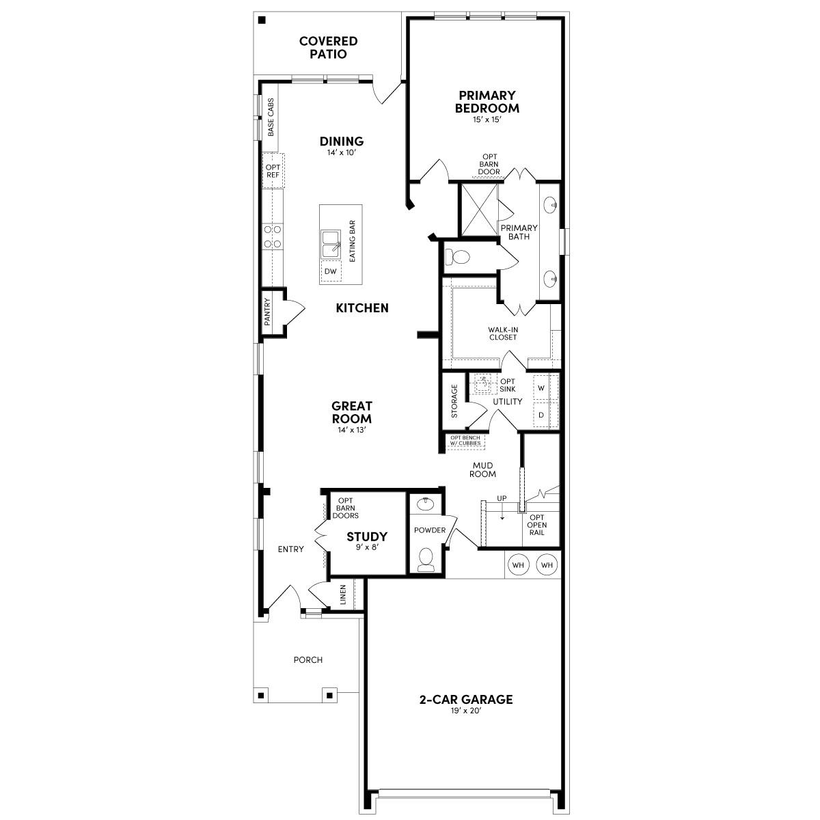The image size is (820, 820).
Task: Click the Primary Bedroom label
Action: pyautogui.click(x=487, y=102)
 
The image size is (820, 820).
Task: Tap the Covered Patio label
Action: pyautogui.click(x=328, y=48)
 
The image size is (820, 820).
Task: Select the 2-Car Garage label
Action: pyautogui.click(x=466, y=699)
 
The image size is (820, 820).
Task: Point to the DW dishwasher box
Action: pyautogui.click(x=331, y=271)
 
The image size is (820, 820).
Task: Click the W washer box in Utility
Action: pyautogui.click(x=541, y=388)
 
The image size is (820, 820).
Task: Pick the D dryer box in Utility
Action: pyautogui.click(x=541, y=415)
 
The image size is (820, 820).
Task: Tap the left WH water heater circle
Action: pyautogui.click(x=519, y=565)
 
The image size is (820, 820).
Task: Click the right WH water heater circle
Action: pyautogui.click(x=547, y=565)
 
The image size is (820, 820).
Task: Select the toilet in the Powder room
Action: pyautogui.click(x=426, y=559)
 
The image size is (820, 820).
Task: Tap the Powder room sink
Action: pyautogui.click(x=426, y=504)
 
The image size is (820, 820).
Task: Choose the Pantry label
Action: pyautogui.click(x=268, y=311)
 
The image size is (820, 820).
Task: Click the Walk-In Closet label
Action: pyautogui.click(x=503, y=333)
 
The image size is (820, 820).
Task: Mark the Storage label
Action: pyautogui.click(x=454, y=401)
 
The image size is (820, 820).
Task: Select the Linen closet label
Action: pyautogui.click(x=343, y=595)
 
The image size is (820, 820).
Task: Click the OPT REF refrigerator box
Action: pyautogui.click(x=273, y=171)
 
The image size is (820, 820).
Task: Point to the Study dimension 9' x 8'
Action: pyautogui.click(x=367, y=547)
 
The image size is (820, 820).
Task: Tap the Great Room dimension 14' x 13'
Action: pyautogui.click(x=352, y=430)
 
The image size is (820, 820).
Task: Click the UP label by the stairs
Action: pyautogui.click(x=502, y=498)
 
